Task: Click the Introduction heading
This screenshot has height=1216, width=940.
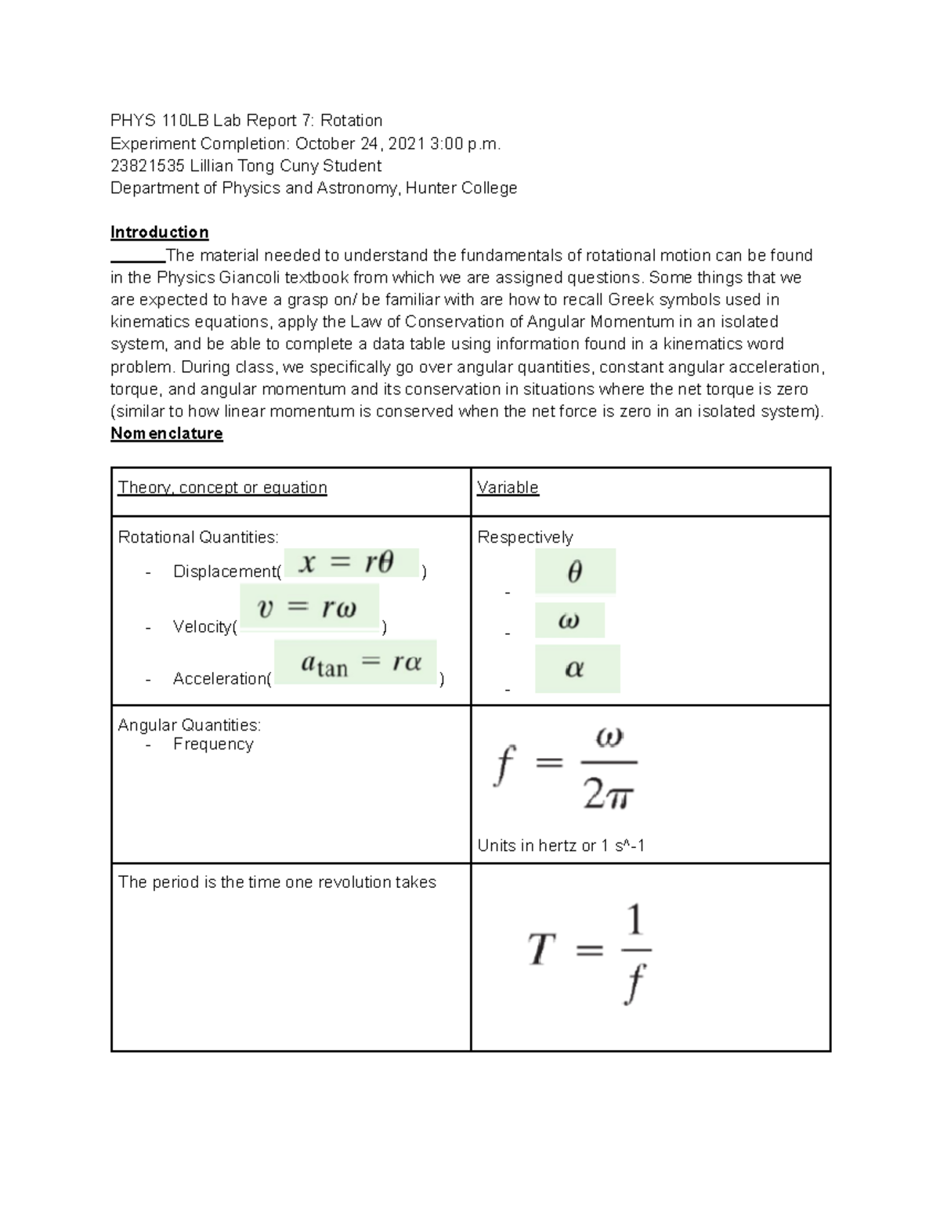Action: click(159, 232)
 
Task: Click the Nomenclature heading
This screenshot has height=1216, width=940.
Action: click(166, 433)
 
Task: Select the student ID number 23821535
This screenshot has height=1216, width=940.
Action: click(147, 165)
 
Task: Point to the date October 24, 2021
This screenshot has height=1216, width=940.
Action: click(360, 143)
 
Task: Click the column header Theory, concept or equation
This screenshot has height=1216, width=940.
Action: click(222, 487)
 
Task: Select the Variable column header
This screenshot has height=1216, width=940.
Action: click(508, 487)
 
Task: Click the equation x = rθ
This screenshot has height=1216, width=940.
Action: click(349, 562)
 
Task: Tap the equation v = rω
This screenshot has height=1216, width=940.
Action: click(308, 608)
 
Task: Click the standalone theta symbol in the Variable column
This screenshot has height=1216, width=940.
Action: click(574, 572)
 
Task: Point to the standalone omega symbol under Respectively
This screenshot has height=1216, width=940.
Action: click(569, 621)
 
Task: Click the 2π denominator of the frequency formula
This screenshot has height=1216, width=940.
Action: click(608, 796)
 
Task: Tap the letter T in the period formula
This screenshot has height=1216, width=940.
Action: click(541, 950)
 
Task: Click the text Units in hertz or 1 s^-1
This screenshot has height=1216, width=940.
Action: click(561, 846)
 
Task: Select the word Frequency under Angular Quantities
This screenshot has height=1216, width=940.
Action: click(213, 744)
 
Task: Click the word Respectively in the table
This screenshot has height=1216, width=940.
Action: click(525, 537)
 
